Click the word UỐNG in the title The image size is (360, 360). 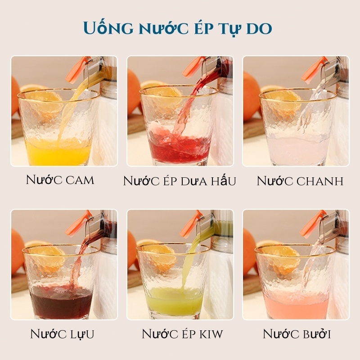108,28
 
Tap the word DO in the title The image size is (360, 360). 259,29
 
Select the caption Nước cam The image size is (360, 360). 60,180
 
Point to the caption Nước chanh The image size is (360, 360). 300,181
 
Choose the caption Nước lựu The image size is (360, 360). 62,334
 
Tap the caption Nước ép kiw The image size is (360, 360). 182,333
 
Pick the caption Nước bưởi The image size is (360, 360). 297,333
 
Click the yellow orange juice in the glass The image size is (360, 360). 58,152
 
